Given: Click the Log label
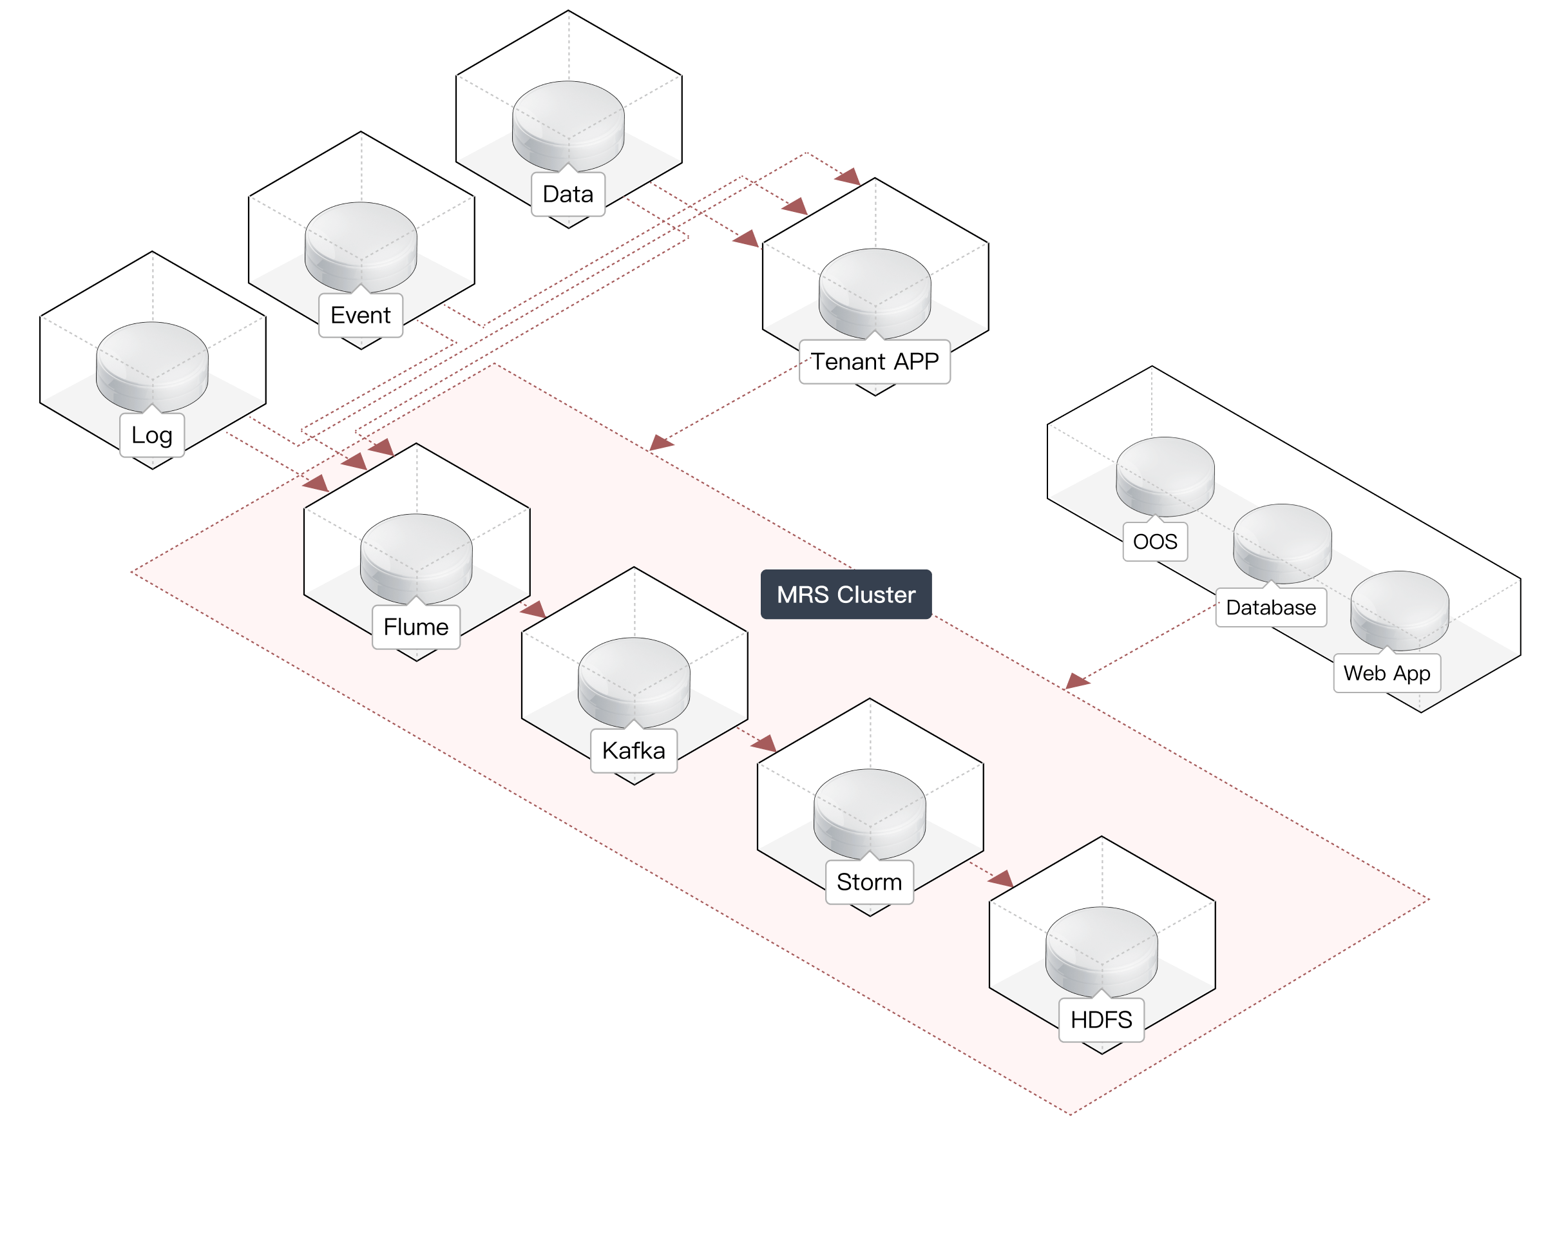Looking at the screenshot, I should tap(152, 435).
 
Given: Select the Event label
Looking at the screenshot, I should tap(360, 315).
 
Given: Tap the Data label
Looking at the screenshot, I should tap(568, 194).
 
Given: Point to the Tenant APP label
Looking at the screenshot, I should tap(875, 362).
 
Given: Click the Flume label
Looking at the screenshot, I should tap(415, 627).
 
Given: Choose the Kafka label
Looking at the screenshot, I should tap(633, 751).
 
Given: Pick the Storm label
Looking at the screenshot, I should tap(869, 882).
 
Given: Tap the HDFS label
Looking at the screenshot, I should tap(1101, 1020).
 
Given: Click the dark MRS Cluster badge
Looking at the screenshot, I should tap(846, 595).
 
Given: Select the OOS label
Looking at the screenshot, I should tap(1155, 541).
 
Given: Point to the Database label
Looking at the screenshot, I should tap(1271, 607).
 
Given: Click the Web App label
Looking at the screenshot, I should tap(1387, 673).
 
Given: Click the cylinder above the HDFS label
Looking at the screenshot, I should tap(1102, 951).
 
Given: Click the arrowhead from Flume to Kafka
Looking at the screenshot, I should tap(534, 611).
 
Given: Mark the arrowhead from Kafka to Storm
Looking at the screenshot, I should tap(765, 743).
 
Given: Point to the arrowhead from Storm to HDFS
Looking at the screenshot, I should tap(1002, 879).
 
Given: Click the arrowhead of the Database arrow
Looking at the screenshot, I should tap(1076, 681).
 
